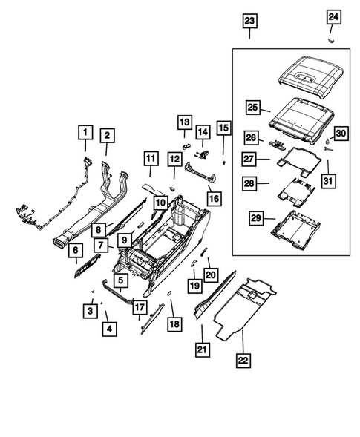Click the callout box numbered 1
click(x=86, y=134)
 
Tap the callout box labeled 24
click(x=334, y=16)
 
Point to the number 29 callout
click(x=256, y=218)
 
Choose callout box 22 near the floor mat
click(x=242, y=361)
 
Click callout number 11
click(x=150, y=158)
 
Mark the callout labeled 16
click(x=214, y=198)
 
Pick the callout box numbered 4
click(x=109, y=328)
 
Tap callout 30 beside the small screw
click(x=340, y=133)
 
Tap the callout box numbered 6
click(x=75, y=252)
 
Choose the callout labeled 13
click(x=184, y=122)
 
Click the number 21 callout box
click(x=201, y=349)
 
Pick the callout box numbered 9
click(x=125, y=240)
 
